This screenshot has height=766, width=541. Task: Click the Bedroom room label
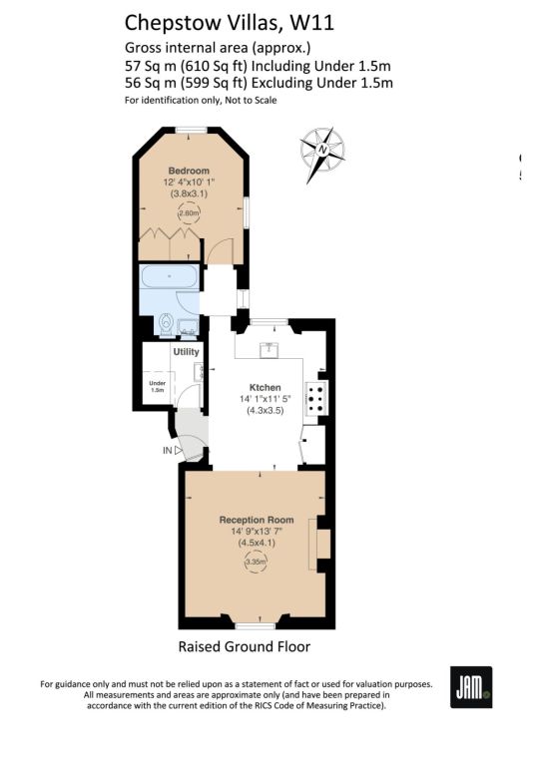[189, 171]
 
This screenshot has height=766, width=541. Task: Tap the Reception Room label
[257, 520]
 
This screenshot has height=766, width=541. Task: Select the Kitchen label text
[266, 387]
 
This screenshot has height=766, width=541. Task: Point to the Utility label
[187, 352]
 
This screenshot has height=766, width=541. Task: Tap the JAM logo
[471, 687]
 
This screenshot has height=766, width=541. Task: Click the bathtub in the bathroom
[169, 277]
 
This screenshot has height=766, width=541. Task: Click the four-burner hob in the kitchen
[316, 398]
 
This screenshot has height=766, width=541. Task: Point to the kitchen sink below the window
[269, 350]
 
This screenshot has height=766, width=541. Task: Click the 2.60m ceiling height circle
[189, 213]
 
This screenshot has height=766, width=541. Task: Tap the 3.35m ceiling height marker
[257, 563]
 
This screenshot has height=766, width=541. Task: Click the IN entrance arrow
[179, 451]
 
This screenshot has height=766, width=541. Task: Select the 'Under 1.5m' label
[158, 387]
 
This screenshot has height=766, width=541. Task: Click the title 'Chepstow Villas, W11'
[230, 23]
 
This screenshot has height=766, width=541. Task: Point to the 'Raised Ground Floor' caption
[245, 646]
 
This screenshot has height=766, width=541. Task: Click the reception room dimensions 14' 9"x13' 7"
[258, 532]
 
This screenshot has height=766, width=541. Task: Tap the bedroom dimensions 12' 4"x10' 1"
[189, 183]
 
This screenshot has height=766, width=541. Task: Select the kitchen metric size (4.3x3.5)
[266, 410]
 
